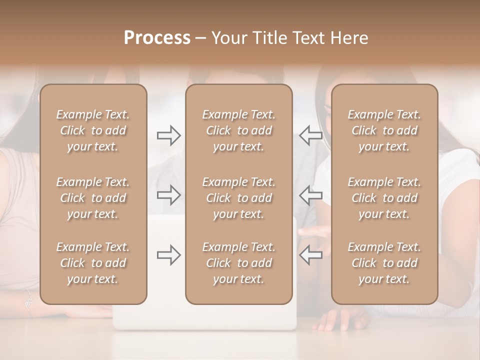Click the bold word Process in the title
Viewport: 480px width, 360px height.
tap(157, 38)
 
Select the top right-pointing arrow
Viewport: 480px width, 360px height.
tap(169, 135)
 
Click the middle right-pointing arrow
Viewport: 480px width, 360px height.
tap(169, 195)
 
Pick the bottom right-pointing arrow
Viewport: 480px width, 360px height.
tap(169, 255)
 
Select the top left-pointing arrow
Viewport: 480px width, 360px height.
tap(310, 135)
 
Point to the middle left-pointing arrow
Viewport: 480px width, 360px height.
tap(310, 195)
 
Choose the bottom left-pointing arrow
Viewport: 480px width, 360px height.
tap(310, 255)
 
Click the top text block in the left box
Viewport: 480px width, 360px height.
tap(93, 130)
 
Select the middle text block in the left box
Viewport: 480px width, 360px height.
tap(93, 198)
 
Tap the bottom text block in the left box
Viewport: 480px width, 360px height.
tap(93, 263)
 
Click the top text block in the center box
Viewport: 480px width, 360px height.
tap(238, 130)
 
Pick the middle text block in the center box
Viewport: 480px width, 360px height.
tap(238, 198)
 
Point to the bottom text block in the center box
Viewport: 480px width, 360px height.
tap(238, 263)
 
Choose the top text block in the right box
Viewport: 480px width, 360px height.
tap(384, 130)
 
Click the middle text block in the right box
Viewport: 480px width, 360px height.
tap(384, 198)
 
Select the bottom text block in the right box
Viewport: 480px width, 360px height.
tap(384, 263)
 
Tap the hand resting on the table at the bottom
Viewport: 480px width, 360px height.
tap(340, 319)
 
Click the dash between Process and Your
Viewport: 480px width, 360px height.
tap(201, 38)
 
